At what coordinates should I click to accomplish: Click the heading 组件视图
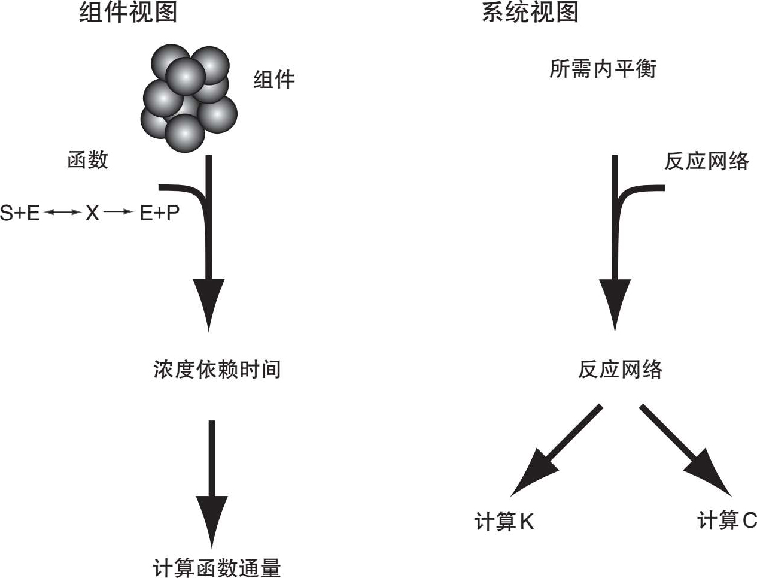128,12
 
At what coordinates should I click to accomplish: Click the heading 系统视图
530,12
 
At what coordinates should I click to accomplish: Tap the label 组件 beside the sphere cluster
274,80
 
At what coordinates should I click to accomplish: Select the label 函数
88,160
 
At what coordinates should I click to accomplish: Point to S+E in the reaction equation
20,213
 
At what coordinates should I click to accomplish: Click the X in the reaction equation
92,213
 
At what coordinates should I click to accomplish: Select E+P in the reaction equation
159,213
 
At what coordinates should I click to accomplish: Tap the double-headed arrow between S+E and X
62,213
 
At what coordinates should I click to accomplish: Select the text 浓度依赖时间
217,369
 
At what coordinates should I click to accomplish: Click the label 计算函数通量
217,567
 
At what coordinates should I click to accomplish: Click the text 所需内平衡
603,69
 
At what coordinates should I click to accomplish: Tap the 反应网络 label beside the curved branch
706,161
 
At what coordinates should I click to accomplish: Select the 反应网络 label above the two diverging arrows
620,369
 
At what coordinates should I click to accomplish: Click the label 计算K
503,522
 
